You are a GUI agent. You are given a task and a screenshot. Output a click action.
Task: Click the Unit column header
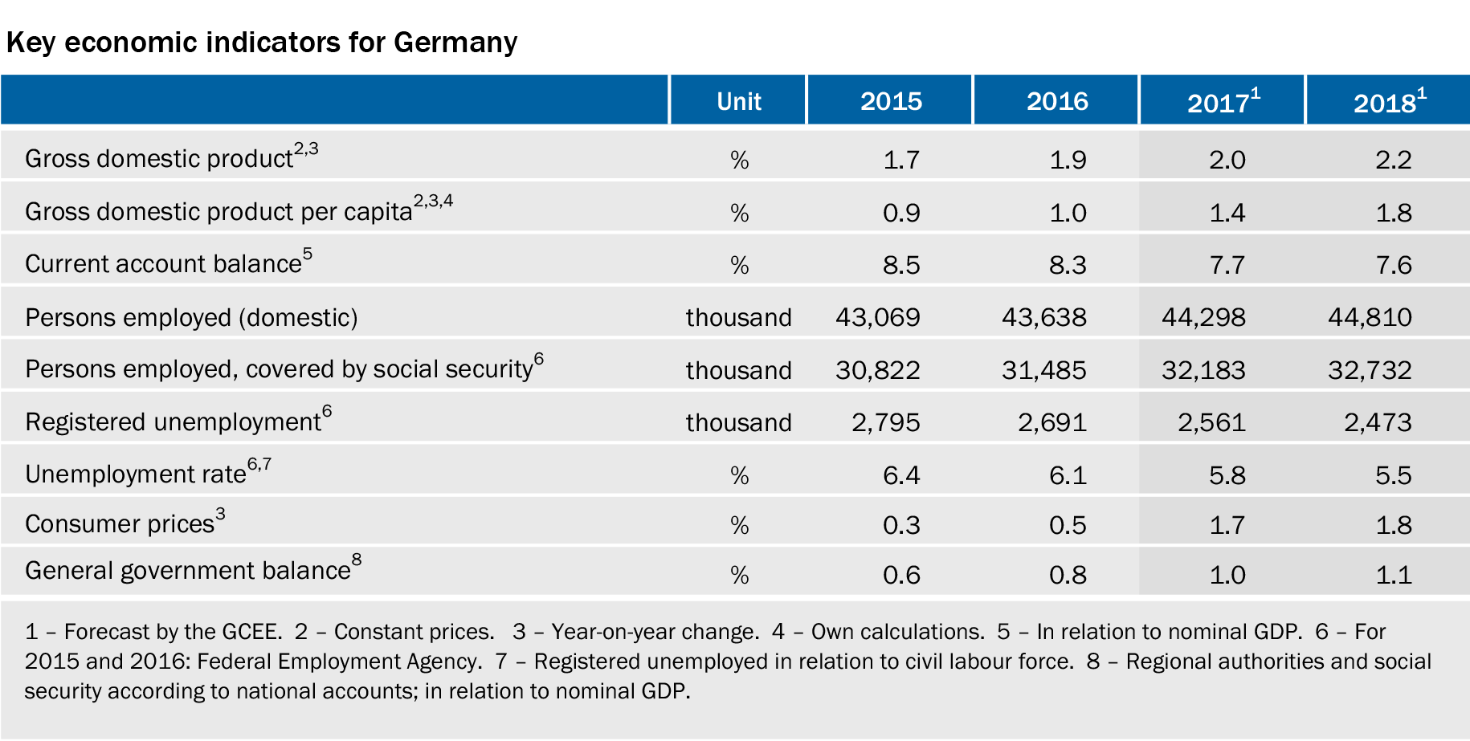[738, 101]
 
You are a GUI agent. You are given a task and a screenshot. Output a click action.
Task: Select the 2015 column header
[891, 101]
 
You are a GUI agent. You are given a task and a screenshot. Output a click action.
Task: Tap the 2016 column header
[1057, 101]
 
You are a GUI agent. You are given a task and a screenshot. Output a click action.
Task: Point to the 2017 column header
[1223, 101]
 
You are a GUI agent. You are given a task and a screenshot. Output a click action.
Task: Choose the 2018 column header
[1390, 101]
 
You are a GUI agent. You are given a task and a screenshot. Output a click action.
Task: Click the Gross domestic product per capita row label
[239, 210]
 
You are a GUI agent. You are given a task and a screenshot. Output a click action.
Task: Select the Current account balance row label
[169, 262]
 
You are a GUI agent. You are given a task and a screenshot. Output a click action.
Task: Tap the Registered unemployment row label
[178, 420]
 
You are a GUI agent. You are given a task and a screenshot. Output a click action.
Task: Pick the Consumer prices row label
[125, 522]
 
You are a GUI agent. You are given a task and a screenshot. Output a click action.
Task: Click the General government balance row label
[193, 568]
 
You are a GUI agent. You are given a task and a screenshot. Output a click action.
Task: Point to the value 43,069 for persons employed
[878, 317]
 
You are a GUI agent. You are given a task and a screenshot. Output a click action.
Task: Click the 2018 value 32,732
[1370, 370]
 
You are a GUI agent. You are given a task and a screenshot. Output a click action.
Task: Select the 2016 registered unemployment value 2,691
[1052, 422]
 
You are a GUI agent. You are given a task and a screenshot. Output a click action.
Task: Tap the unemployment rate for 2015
[901, 475]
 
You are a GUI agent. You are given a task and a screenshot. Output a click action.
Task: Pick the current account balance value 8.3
[1068, 265]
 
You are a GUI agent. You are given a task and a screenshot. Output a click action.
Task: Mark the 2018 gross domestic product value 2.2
[1394, 160]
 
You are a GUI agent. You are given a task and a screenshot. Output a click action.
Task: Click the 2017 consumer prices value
[1227, 525]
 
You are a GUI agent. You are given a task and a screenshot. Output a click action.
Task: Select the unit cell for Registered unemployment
[738, 422]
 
